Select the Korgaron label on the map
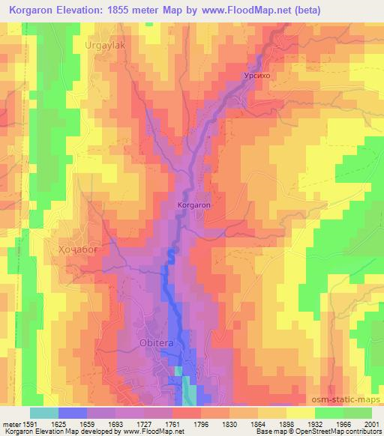click(x=193, y=204)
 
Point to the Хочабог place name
click(x=78, y=247)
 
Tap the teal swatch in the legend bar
click(x=44, y=412)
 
